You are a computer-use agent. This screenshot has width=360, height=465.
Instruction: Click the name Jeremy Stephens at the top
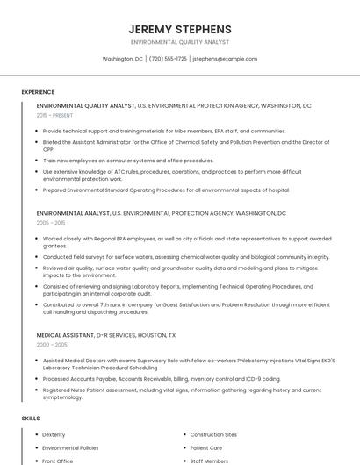pos(179,29)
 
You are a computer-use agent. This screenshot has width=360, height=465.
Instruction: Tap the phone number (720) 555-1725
pos(168,59)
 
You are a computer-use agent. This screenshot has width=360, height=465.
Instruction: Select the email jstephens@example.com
pos(225,59)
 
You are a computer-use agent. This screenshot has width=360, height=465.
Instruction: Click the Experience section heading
pos(38,92)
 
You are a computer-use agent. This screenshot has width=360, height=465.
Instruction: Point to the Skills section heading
pos(31,418)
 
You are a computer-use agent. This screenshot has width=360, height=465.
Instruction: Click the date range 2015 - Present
pos(54,115)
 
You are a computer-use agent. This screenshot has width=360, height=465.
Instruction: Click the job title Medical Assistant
pos(63,335)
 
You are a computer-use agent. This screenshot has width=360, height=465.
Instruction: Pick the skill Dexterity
pos(54,434)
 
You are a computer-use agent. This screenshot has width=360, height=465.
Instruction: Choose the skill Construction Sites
pos(213,434)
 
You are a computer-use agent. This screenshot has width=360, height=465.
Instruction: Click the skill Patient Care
pos(206,447)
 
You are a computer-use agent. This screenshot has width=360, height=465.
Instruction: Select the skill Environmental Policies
pos(70,447)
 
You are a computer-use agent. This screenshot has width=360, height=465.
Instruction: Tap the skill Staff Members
pos(209,461)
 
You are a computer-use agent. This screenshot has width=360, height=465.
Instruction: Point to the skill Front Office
pos(58,461)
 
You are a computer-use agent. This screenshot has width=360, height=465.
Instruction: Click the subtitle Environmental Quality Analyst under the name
pos(179,42)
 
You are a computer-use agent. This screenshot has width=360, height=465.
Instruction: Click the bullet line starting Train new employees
pos(128,161)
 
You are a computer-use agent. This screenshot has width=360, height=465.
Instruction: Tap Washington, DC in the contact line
pos(122,59)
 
